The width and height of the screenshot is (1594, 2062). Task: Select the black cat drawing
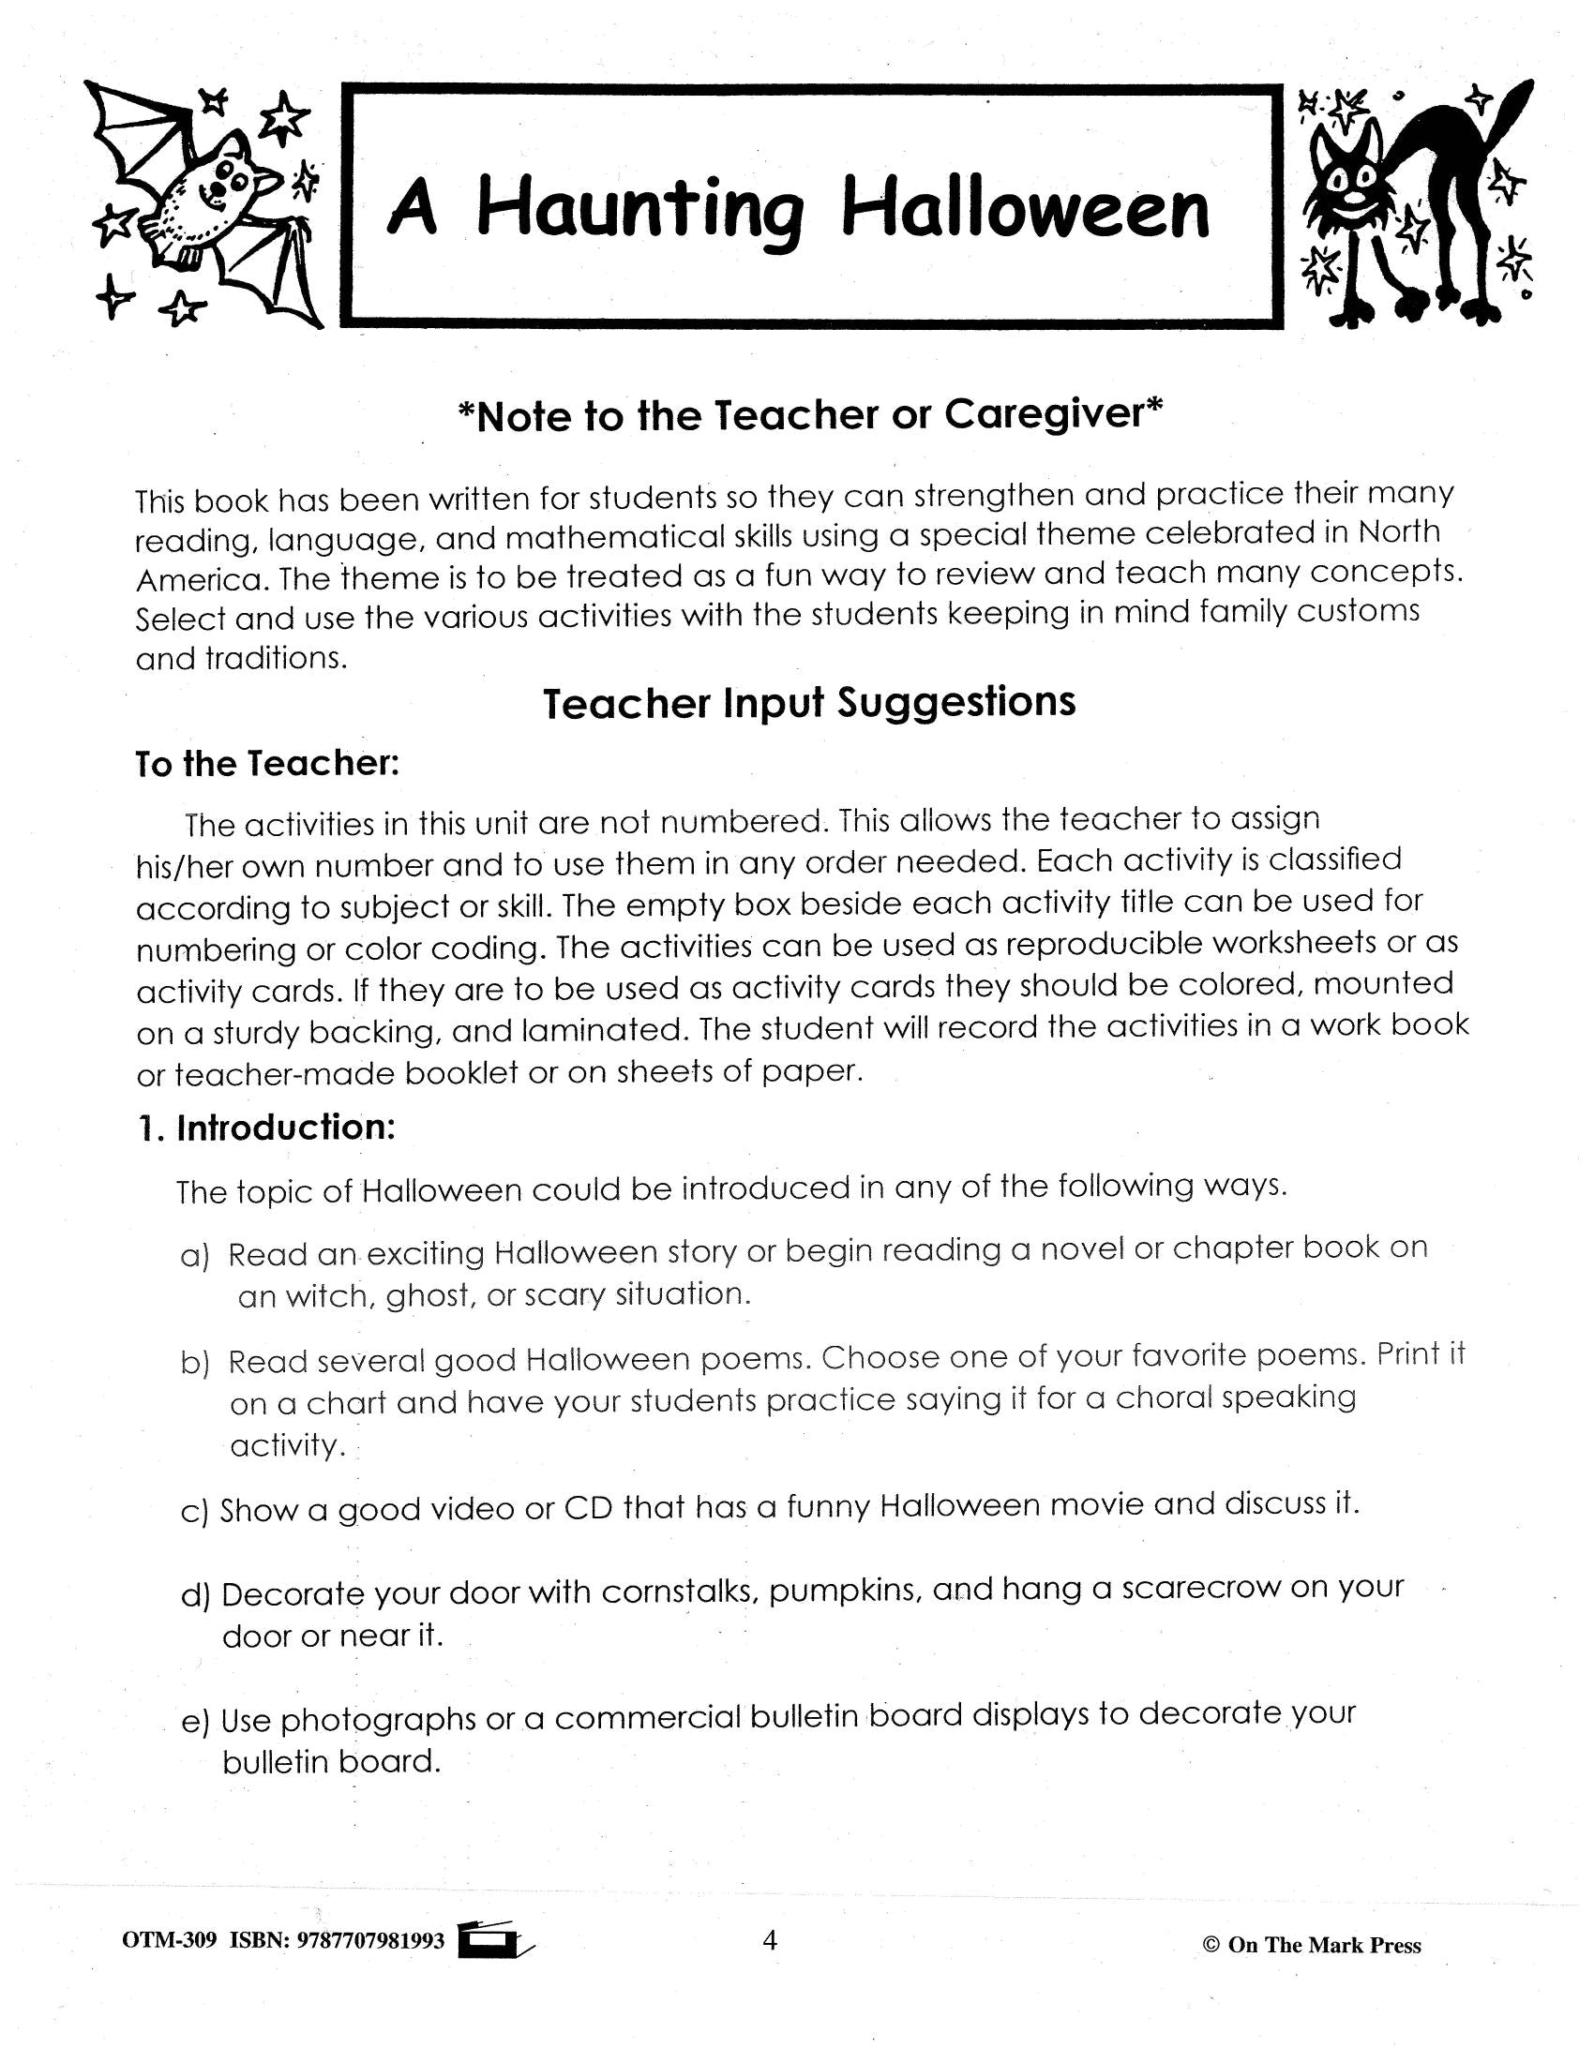pos(1417,203)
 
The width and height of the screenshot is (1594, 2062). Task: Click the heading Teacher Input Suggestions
pos(809,703)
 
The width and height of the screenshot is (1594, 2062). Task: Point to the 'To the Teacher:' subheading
pos(268,763)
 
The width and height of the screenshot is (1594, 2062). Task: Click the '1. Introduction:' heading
pos(266,1128)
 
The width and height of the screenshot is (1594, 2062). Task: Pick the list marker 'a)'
pos(193,1257)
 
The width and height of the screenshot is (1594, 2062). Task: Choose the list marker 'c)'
pos(193,1512)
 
